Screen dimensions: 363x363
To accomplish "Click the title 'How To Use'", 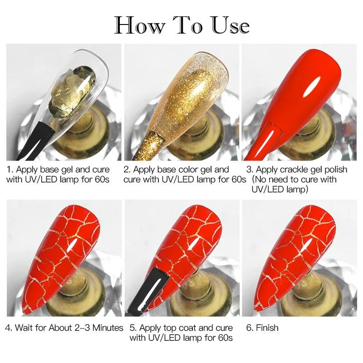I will pyautogui.click(x=181, y=25).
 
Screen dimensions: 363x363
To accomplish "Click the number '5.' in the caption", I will pyautogui.click(x=132, y=328).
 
